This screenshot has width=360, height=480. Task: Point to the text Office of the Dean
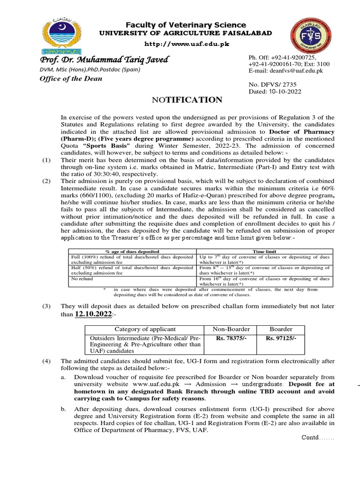coord(70,78)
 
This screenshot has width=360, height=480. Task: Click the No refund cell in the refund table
coord(82,278)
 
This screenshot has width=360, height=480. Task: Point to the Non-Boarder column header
coord(232,329)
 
